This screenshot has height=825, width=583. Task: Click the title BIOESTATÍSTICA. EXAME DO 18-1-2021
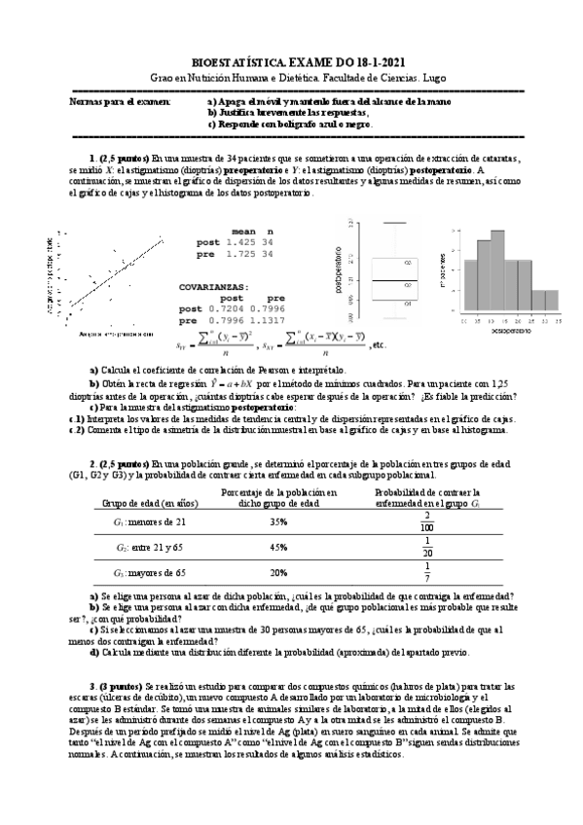click(x=291, y=61)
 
